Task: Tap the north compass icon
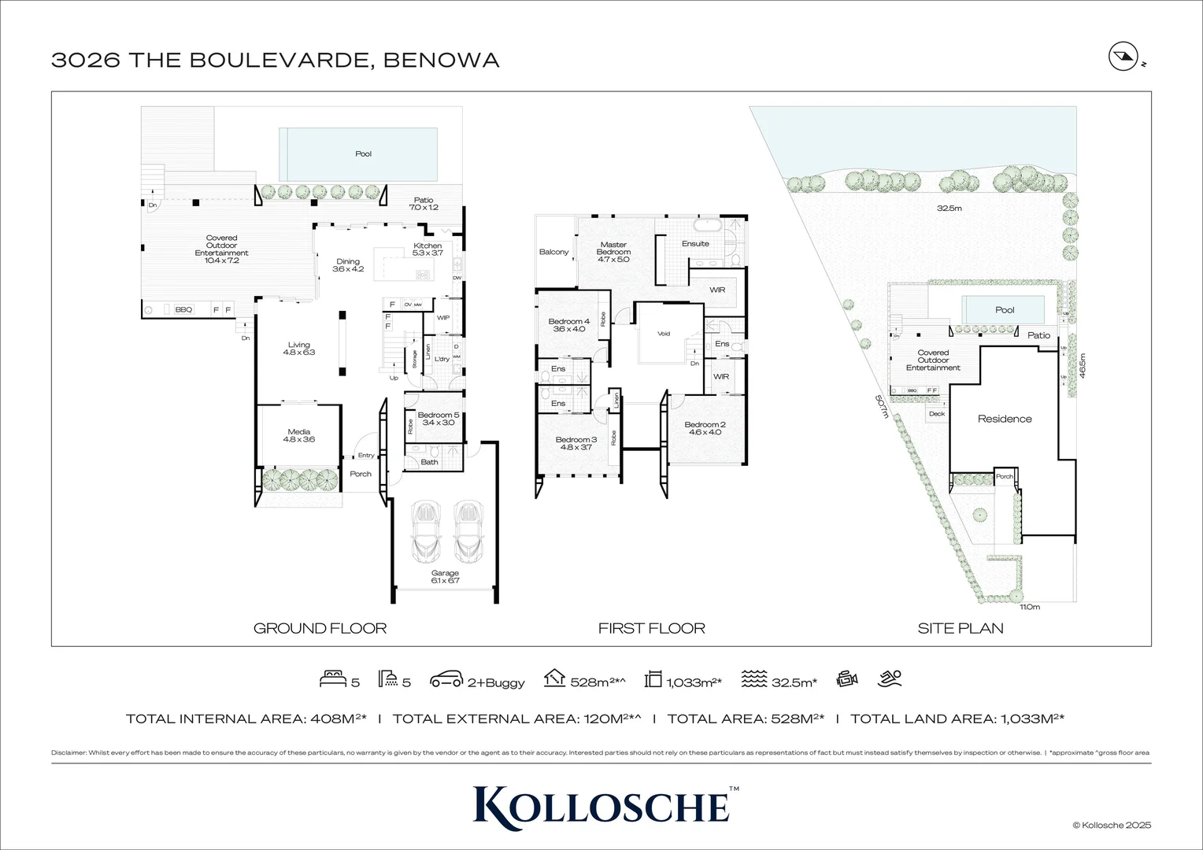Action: tap(1120, 57)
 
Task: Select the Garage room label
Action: tap(445, 577)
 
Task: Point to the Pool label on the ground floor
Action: tap(363, 154)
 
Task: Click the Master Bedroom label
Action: tap(613, 252)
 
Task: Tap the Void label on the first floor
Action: tap(664, 334)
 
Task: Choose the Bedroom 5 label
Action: tap(438, 419)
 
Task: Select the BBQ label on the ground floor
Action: tap(183, 310)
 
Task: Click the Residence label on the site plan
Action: tap(1005, 419)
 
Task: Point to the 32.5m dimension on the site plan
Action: tap(949, 209)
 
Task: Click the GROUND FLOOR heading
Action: tap(320, 628)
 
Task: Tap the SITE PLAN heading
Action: tap(961, 628)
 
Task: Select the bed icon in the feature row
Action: tap(331, 679)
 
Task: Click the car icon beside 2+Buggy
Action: tap(446, 680)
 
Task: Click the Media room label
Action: tap(298, 435)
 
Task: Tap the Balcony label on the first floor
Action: tap(553, 252)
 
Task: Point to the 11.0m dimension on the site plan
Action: tap(1029, 607)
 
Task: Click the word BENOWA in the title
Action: tap(441, 60)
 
